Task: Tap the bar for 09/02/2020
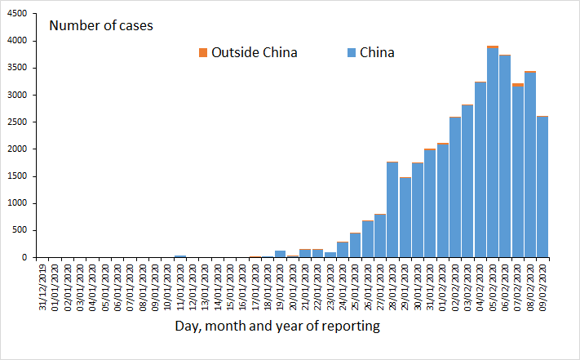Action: pyautogui.click(x=542, y=187)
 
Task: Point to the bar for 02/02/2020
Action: pyautogui.click(x=455, y=187)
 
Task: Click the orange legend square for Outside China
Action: pyautogui.click(x=203, y=53)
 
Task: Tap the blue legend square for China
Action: pyautogui.click(x=351, y=53)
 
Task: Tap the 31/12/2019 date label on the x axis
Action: pyautogui.click(x=42, y=282)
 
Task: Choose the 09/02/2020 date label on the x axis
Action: pyautogui.click(x=543, y=282)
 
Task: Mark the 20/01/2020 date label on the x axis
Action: pyautogui.click(x=293, y=282)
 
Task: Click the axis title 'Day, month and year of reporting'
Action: pyautogui.click(x=277, y=326)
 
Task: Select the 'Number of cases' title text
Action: pyautogui.click(x=101, y=25)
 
